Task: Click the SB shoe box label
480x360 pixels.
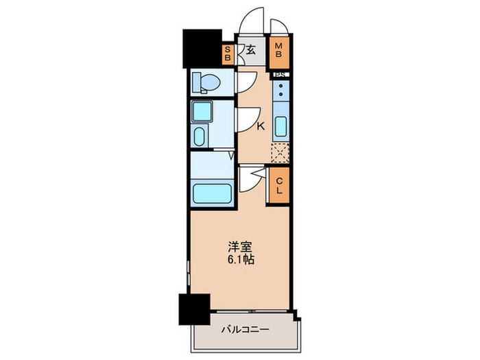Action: (x=228, y=53)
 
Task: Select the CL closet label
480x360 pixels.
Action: (x=280, y=185)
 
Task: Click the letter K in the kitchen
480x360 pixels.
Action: (x=261, y=126)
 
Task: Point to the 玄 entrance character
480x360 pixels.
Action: (x=251, y=49)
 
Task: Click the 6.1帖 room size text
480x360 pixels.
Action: (x=242, y=261)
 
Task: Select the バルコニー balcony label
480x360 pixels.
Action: (x=245, y=329)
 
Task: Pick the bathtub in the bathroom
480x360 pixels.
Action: (x=213, y=191)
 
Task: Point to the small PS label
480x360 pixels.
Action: (x=280, y=74)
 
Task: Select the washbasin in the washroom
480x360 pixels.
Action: (x=200, y=136)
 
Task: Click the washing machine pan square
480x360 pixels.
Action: (x=204, y=111)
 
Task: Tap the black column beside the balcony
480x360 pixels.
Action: (x=194, y=309)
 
